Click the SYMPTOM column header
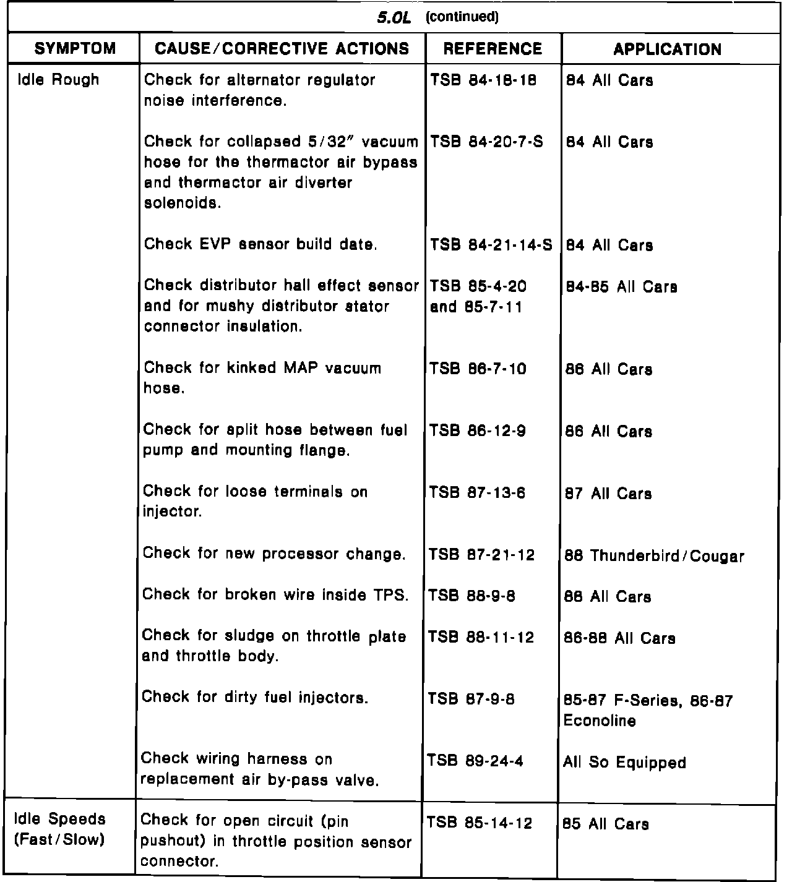(75, 49)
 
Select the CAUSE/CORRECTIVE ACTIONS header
(282, 49)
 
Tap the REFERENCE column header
(493, 49)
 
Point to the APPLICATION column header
(667, 49)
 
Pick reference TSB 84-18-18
(483, 80)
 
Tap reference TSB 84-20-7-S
(486, 142)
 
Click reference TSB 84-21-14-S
(491, 246)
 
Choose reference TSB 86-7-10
(478, 369)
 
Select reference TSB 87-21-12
(481, 555)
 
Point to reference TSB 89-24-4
(475, 761)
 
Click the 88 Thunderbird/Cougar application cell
(654, 556)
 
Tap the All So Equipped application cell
(624, 763)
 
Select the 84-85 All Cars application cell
(621, 287)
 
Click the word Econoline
(600, 721)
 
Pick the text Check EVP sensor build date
(260, 245)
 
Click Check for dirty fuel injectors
(255, 698)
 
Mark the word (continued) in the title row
(462, 17)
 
